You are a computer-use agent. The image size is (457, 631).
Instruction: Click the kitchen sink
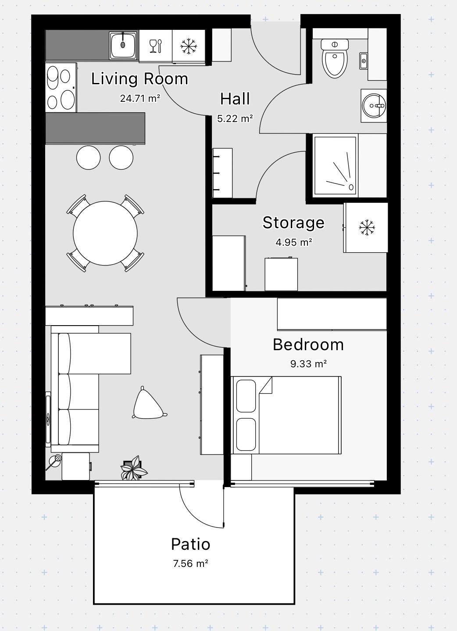click(x=123, y=45)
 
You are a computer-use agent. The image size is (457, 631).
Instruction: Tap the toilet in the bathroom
click(x=335, y=58)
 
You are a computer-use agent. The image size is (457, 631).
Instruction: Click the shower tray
click(x=336, y=165)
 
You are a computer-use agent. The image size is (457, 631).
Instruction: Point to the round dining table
click(x=105, y=233)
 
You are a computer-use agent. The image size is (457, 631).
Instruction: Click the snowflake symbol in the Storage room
click(x=367, y=228)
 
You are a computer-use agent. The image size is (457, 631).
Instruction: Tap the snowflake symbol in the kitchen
click(x=189, y=46)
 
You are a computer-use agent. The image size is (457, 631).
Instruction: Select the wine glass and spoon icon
click(x=156, y=46)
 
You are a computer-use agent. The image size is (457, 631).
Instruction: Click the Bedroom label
click(x=308, y=344)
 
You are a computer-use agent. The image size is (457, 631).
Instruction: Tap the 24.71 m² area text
click(x=140, y=98)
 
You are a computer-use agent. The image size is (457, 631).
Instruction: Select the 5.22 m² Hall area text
click(x=235, y=118)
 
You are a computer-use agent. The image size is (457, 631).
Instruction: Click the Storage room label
click(x=293, y=223)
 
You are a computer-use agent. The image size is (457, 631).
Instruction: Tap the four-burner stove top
click(x=61, y=88)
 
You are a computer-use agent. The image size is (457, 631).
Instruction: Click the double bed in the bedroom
click(x=286, y=415)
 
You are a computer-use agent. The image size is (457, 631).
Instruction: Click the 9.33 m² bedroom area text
click(x=308, y=364)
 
